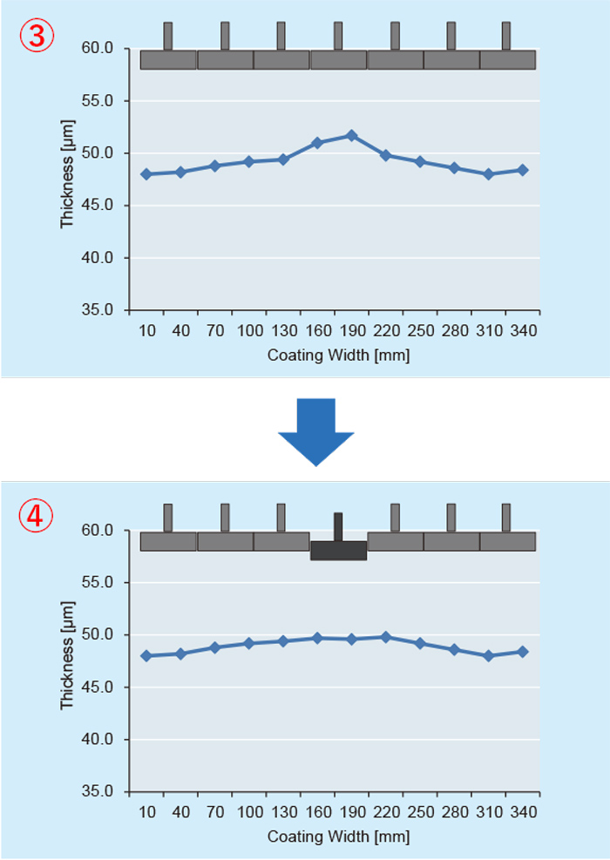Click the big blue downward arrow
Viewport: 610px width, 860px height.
click(x=315, y=431)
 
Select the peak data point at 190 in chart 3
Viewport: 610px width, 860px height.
click(x=351, y=135)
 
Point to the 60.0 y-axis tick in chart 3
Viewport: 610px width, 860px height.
click(x=98, y=49)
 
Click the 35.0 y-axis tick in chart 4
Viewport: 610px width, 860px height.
click(x=98, y=792)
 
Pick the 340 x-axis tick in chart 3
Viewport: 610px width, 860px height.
click(x=522, y=331)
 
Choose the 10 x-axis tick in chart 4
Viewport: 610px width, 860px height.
click(x=146, y=813)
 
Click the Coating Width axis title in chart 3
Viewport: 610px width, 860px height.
click(x=338, y=356)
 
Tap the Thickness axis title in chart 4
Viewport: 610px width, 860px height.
click(x=68, y=660)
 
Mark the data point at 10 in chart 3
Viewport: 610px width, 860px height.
click(x=146, y=174)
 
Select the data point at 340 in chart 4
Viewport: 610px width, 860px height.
click(x=522, y=652)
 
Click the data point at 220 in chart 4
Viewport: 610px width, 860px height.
click(x=385, y=637)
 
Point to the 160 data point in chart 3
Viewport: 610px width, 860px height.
click(x=317, y=143)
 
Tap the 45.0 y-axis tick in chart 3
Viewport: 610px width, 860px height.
click(x=98, y=206)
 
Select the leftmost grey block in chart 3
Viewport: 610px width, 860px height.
click(x=168, y=59)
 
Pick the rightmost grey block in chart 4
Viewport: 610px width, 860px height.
click(x=507, y=541)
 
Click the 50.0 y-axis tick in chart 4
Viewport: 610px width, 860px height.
click(x=98, y=635)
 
